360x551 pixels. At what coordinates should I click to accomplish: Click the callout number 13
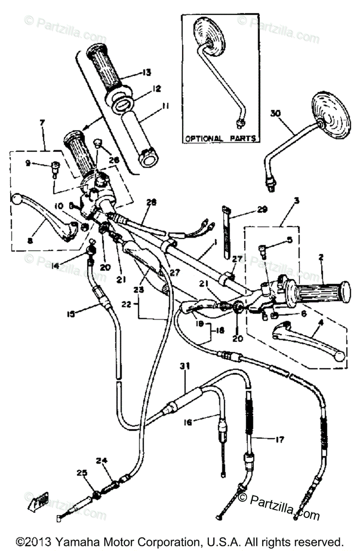tap(146, 72)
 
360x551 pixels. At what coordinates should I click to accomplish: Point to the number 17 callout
tap(279, 439)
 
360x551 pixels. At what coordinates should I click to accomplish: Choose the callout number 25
tap(81, 472)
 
